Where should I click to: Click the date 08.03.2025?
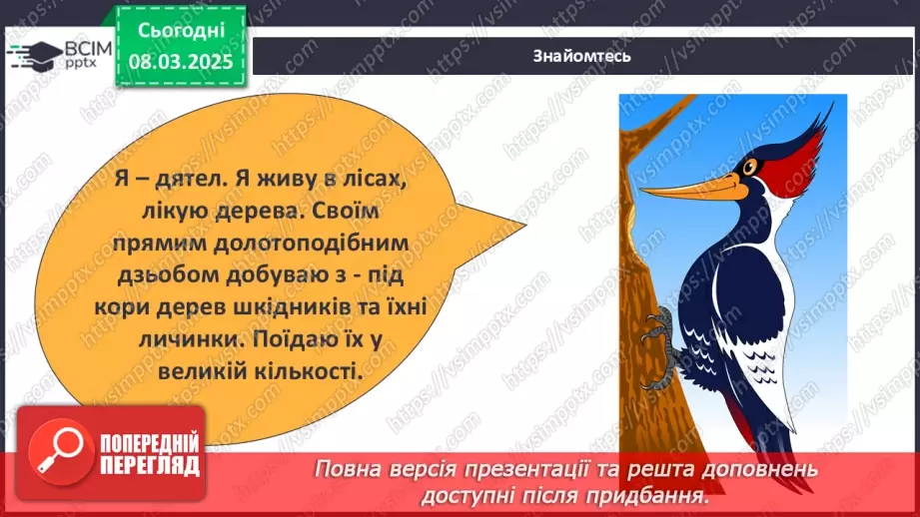(182, 61)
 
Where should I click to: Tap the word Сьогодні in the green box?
(182, 33)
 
